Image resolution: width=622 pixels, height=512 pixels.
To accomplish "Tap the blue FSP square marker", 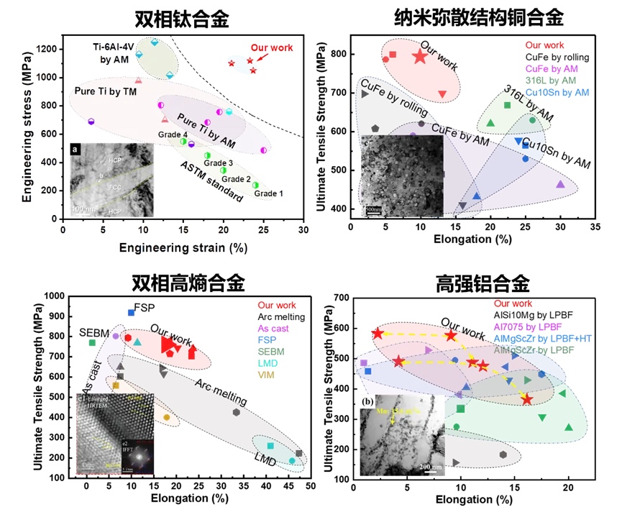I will click(x=132, y=312).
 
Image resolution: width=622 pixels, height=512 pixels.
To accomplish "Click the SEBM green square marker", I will click(x=92, y=343).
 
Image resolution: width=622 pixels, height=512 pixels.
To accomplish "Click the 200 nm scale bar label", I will click(x=431, y=467).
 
